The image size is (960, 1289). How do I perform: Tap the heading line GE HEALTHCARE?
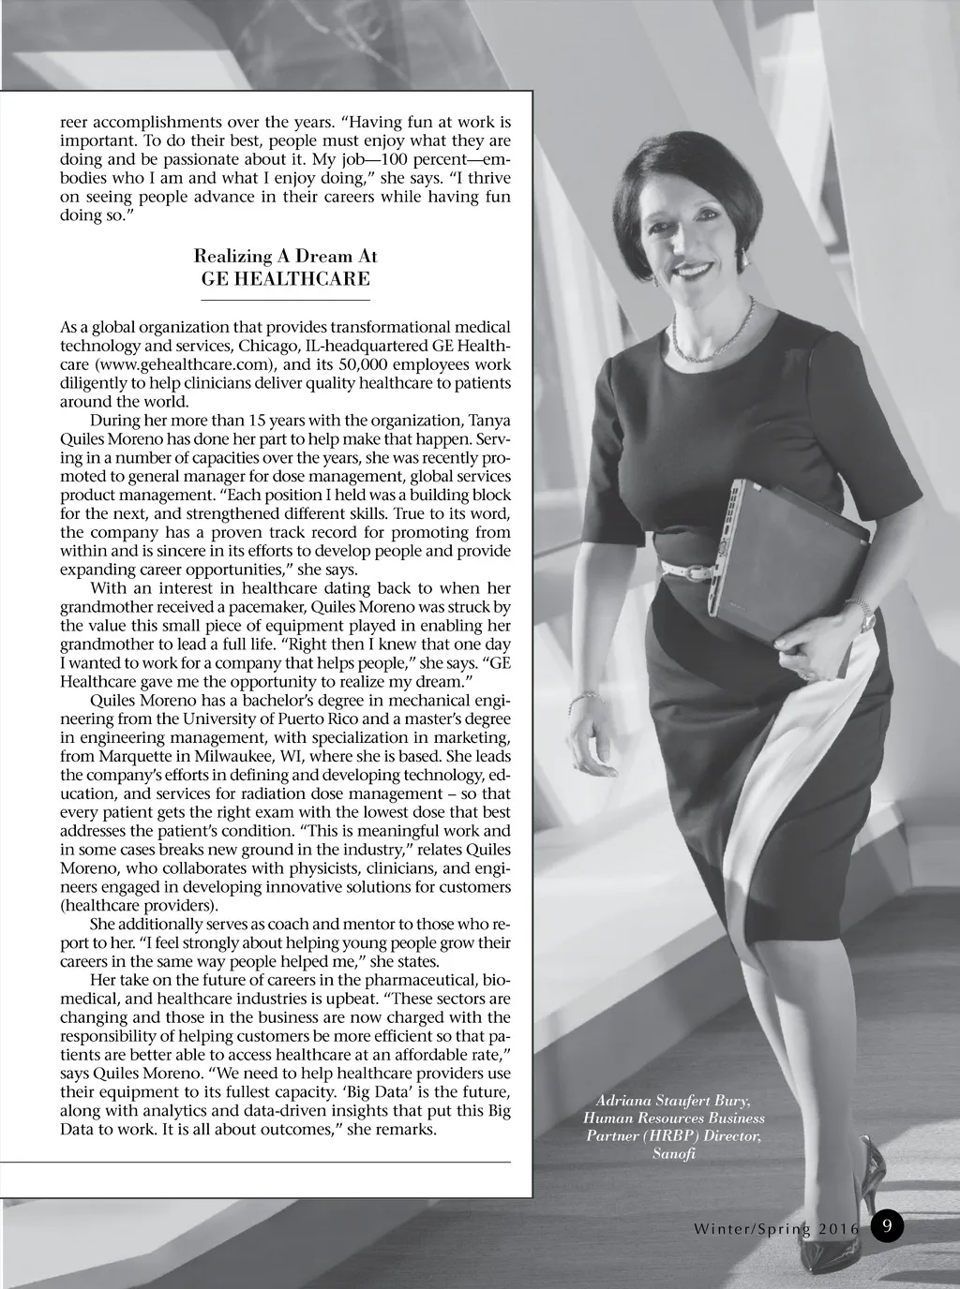286,279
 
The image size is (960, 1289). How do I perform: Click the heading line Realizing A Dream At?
286,256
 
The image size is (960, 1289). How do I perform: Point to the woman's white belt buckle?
696,567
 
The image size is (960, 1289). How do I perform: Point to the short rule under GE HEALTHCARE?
286,300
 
